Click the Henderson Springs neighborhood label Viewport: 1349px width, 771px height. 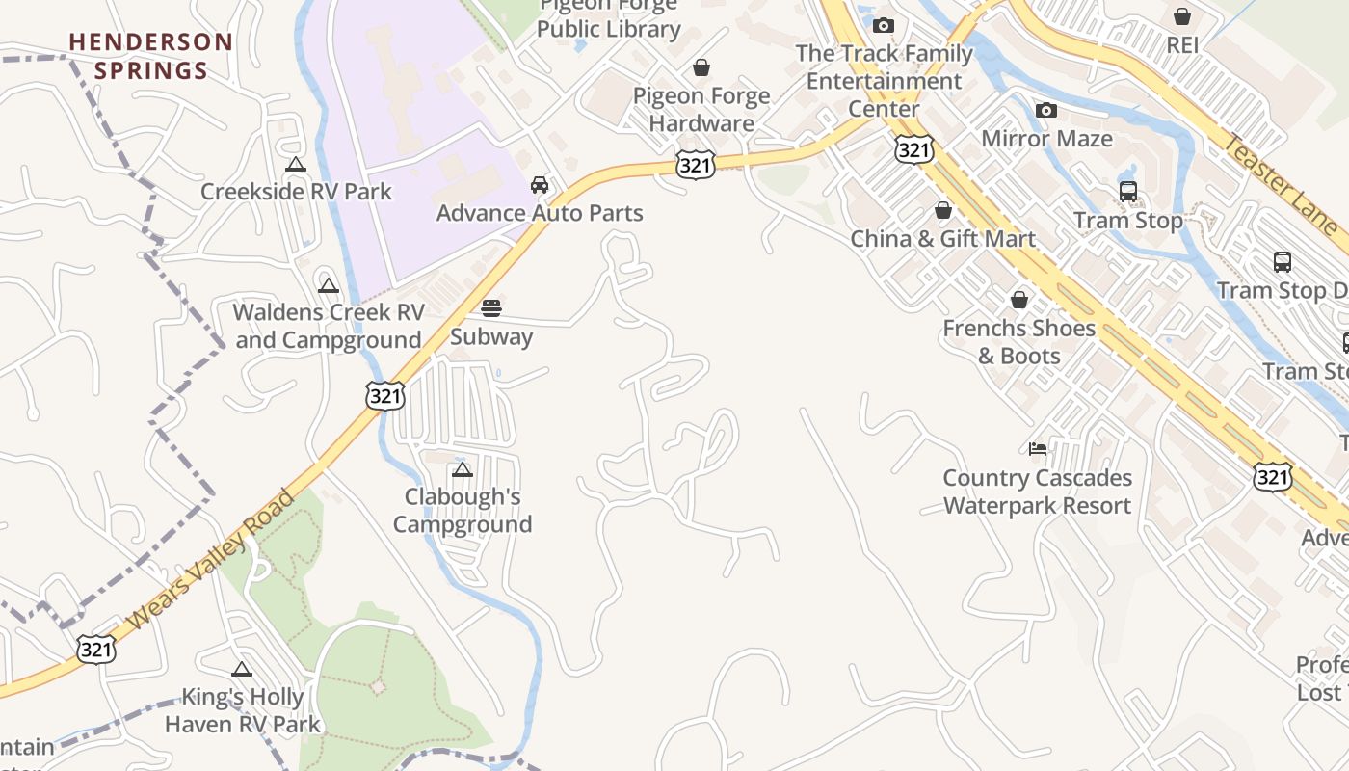(x=151, y=56)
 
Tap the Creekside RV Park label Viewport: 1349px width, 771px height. (x=296, y=191)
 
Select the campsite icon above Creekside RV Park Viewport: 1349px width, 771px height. (x=296, y=165)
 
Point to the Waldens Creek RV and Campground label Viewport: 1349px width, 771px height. (x=329, y=326)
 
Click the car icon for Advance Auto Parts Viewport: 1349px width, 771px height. (x=540, y=184)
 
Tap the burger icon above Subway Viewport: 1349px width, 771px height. (x=491, y=308)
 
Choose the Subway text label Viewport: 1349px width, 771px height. (x=491, y=336)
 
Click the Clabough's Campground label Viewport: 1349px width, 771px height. (x=463, y=510)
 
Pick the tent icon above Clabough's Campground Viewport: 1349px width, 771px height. (x=463, y=470)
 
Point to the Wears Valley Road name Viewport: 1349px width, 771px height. (x=211, y=560)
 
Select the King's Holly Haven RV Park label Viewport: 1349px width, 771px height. (x=243, y=710)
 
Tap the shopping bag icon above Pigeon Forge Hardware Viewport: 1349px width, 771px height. (x=701, y=67)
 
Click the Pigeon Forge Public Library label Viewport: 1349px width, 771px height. (x=609, y=19)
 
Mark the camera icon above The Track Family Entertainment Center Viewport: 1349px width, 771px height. (x=884, y=26)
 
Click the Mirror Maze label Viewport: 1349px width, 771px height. (x=1046, y=138)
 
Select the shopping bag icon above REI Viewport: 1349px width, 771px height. (x=1182, y=16)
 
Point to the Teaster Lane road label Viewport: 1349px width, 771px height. (x=1281, y=184)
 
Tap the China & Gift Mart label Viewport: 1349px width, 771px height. (x=943, y=238)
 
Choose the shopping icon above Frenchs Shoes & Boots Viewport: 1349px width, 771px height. (x=1019, y=300)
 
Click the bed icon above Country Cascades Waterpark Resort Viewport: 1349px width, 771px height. (x=1038, y=449)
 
